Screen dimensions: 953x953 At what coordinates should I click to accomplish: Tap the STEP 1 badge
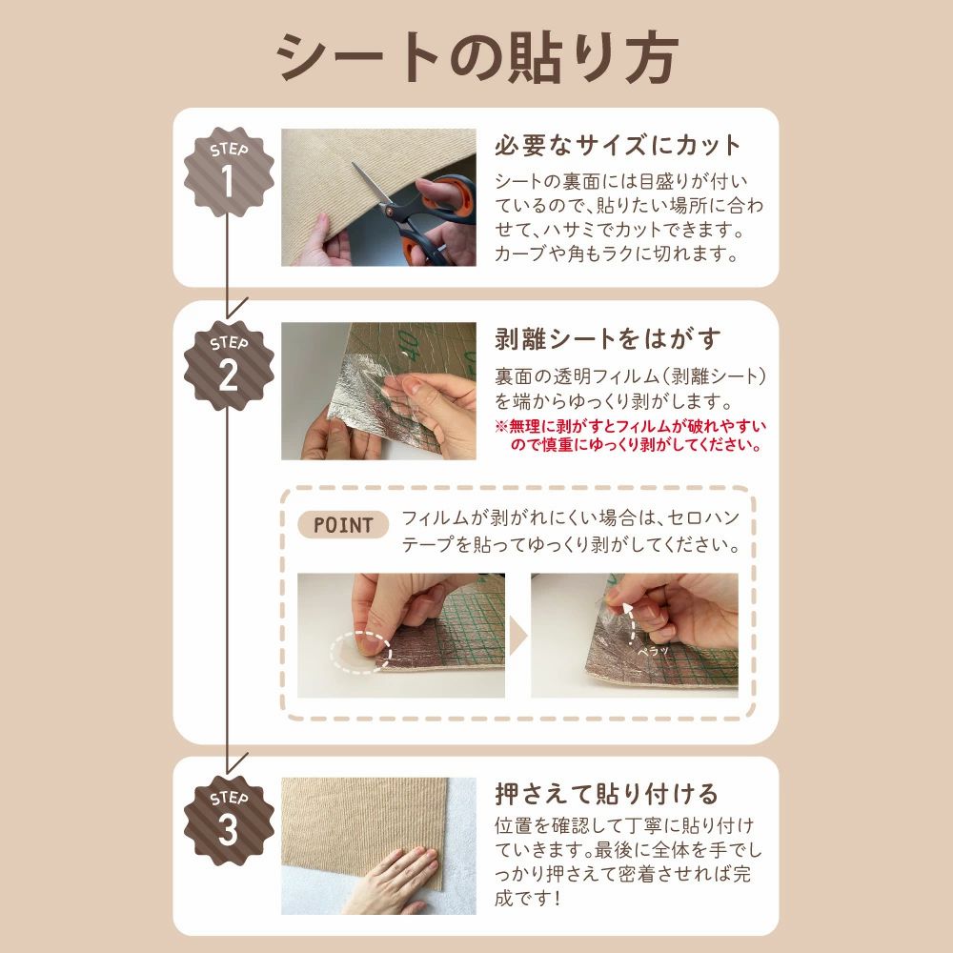[229, 172]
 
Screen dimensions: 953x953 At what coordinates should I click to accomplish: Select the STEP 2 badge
[229, 366]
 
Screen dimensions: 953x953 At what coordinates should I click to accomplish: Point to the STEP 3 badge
[229, 821]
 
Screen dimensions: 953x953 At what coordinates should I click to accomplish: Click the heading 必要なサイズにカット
[618, 145]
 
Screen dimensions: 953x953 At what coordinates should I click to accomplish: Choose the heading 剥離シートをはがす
[607, 338]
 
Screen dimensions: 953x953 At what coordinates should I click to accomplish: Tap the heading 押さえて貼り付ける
[606, 793]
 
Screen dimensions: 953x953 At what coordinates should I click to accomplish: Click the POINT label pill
[343, 525]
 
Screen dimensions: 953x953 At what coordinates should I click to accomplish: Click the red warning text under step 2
[631, 436]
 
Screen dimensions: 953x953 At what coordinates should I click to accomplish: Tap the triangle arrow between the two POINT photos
[517, 636]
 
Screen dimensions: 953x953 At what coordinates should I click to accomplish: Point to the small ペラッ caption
[653, 651]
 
